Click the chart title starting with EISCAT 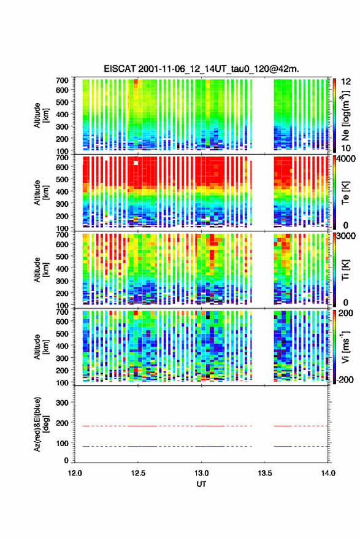pyautogui.click(x=201, y=69)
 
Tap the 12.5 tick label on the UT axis pyautogui.click(x=138, y=473)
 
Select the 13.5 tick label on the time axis pyautogui.click(x=265, y=473)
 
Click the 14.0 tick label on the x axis pyautogui.click(x=328, y=473)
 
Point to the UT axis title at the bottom pyautogui.click(x=201, y=484)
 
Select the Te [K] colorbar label pyautogui.click(x=345, y=193)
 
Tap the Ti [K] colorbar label pyautogui.click(x=345, y=270)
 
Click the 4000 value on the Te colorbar pyautogui.click(x=347, y=160)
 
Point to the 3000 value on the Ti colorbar pyautogui.click(x=347, y=236)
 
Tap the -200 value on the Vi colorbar pyautogui.click(x=345, y=379)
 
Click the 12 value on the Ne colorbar pyautogui.click(x=346, y=82)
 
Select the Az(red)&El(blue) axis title pyautogui.click(x=41, y=424)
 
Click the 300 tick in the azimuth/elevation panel pyautogui.click(x=63, y=403)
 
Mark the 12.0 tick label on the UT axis pyautogui.click(x=75, y=473)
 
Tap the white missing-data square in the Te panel pyautogui.click(x=136, y=163)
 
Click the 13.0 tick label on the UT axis pyautogui.click(x=201, y=473)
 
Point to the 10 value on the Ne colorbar pyautogui.click(x=346, y=148)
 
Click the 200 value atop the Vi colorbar pyautogui.click(x=346, y=313)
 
